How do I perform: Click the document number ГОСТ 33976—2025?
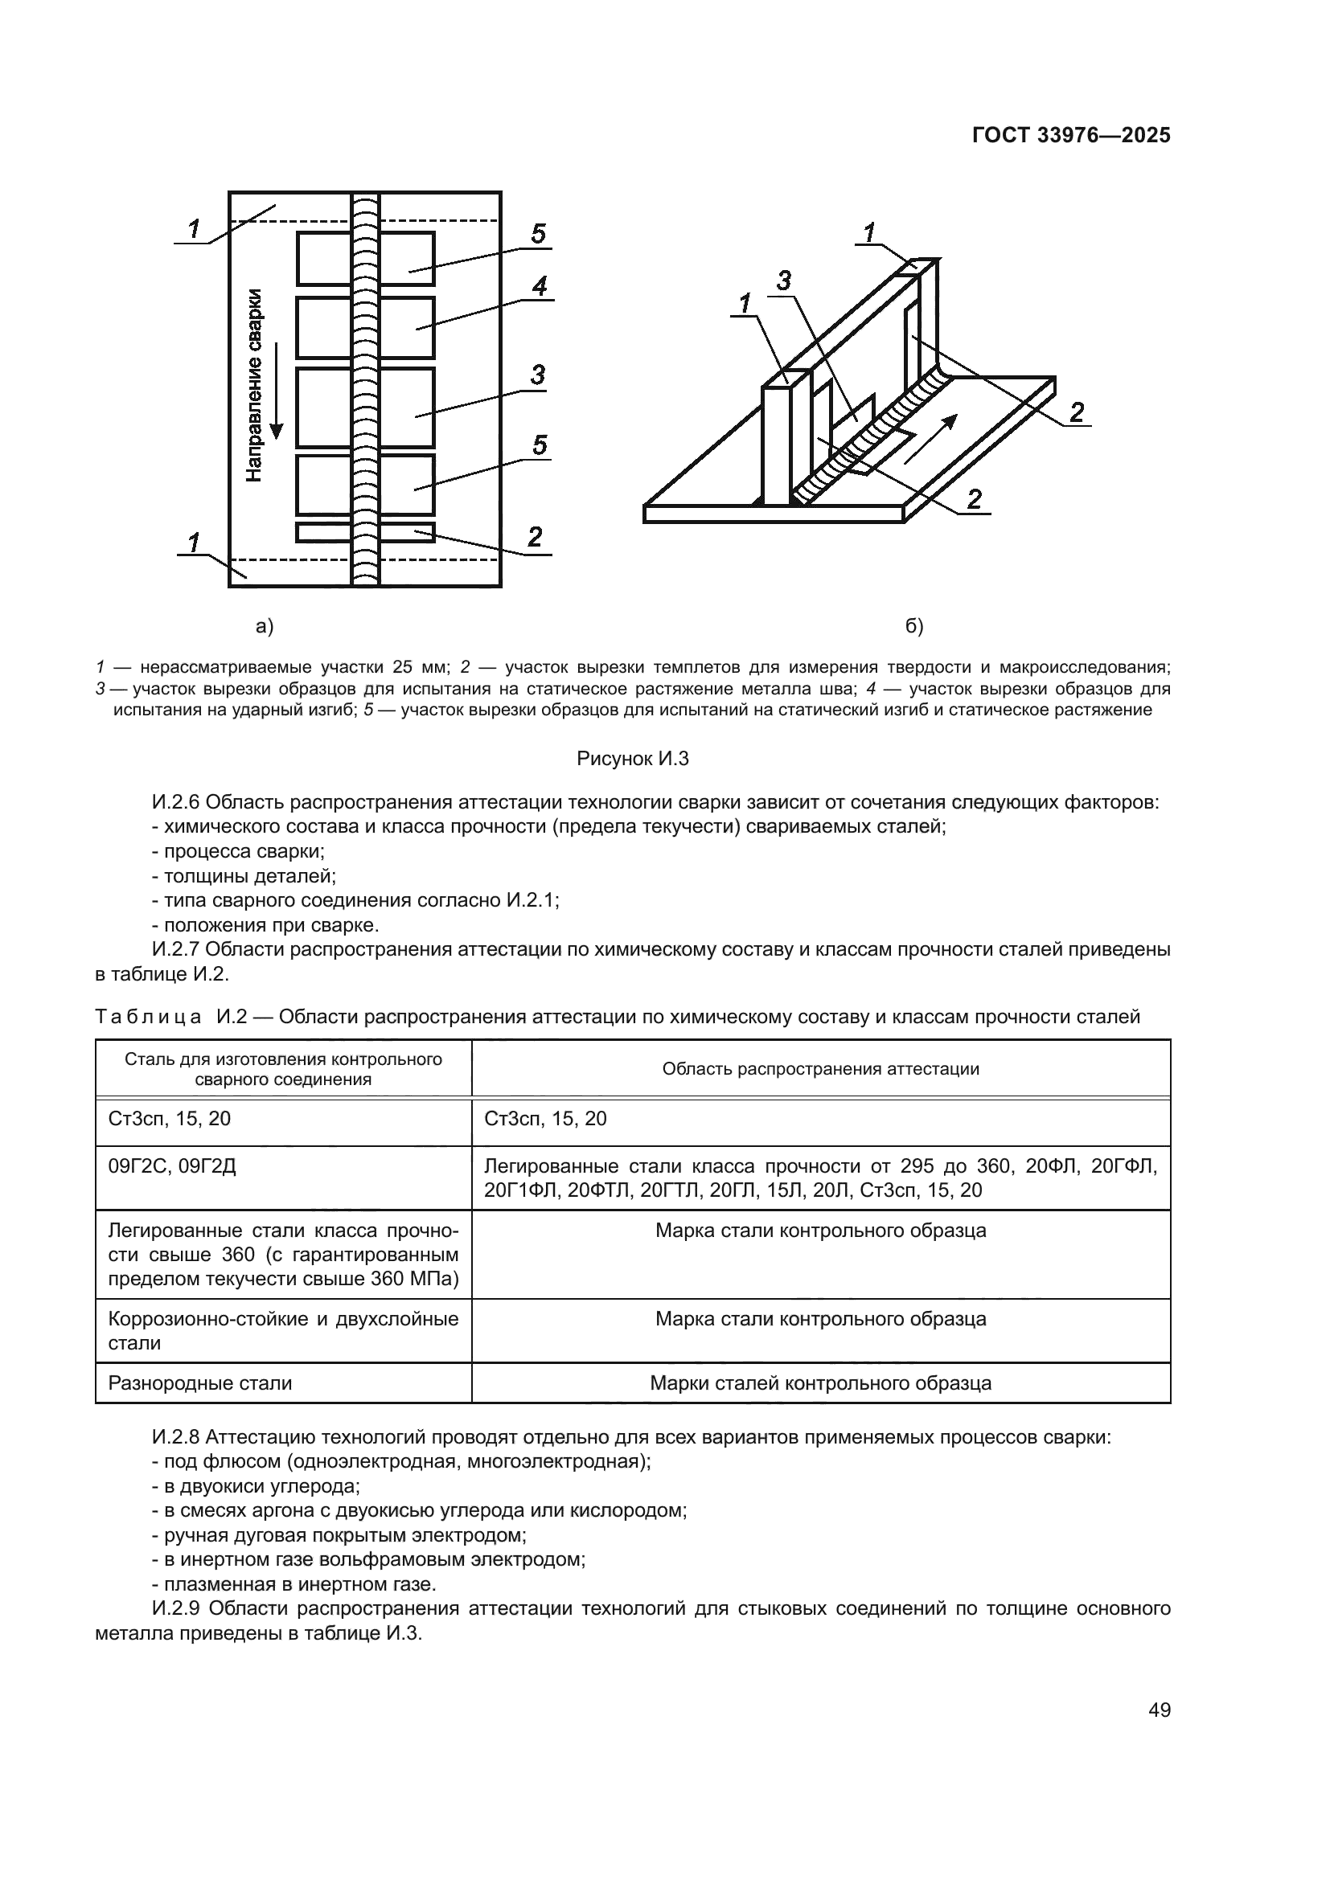point(1070,135)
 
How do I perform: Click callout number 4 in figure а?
point(539,287)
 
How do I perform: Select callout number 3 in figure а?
point(537,375)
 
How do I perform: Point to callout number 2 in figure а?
point(535,537)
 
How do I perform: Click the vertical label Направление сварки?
point(256,385)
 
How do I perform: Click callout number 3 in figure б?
point(784,281)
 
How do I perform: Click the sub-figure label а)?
point(265,626)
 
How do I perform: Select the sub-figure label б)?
point(914,626)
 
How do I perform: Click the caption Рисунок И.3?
point(632,759)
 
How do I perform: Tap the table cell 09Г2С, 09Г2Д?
point(172,1166)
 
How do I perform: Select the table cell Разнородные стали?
point(200,1383)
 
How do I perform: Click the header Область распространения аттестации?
point(821,1068)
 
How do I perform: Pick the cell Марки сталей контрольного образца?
point(821,1383)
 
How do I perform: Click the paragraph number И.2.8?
point(176,1437)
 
